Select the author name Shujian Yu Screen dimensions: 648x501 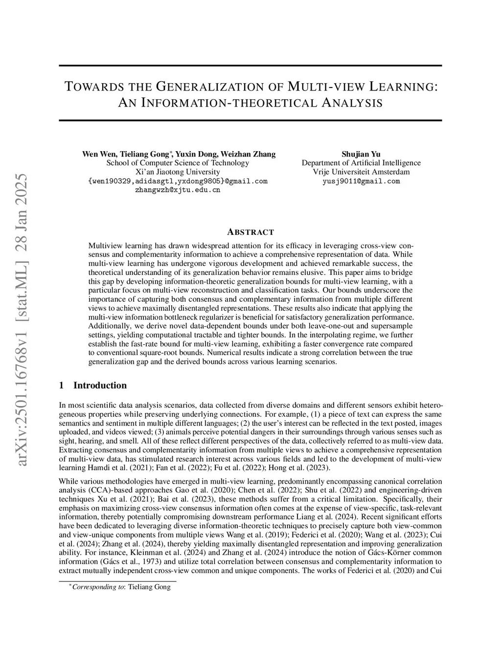[361, 154]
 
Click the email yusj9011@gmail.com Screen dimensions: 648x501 [361, 181]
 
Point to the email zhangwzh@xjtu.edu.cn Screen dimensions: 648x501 [178, 190]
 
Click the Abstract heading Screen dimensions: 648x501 [250, 232]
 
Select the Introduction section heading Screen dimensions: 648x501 [100, 385]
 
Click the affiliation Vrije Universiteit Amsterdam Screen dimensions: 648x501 [361, 172]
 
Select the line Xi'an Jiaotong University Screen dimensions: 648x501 [178, 172]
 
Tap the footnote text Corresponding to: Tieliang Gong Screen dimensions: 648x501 [121, 587]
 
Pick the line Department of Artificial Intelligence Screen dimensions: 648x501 [361, 163]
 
